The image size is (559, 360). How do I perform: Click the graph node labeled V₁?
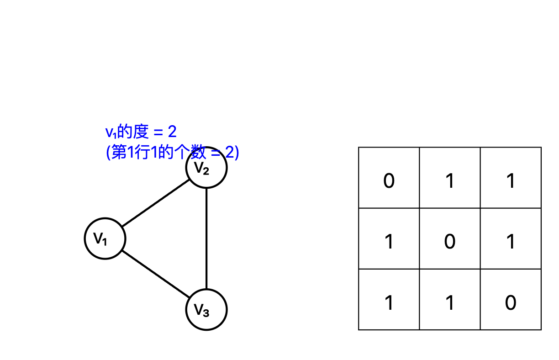click(x=105, y=238)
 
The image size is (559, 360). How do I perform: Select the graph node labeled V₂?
click(x=206, y=168)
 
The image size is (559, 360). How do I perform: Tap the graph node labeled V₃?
click(x=206, y=309)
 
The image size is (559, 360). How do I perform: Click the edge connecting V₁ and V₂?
click(x=156, y=203)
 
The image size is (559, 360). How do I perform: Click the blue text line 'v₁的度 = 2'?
click(x=141, y=132)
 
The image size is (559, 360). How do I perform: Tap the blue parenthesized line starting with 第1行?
click(x=172, y=153)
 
